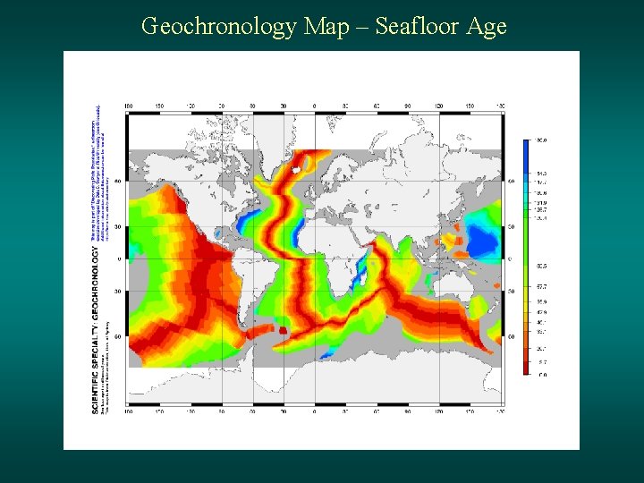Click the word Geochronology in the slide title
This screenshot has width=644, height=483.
[218, 27]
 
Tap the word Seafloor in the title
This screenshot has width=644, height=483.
[417, 27]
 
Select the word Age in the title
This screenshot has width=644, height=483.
[487, 27]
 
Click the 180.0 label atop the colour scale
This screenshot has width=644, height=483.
[540, 140]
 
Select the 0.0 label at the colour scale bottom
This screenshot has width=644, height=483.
[540, 375]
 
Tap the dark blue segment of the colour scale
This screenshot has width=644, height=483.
[526, 152]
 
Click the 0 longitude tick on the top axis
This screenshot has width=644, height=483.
[315, 106]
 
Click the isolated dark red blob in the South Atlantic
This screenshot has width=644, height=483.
[284, 329]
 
